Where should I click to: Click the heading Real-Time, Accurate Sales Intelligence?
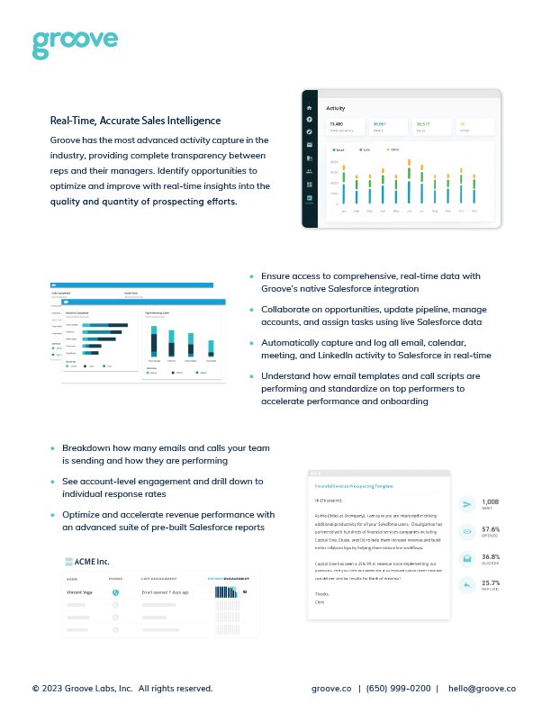[135, 120]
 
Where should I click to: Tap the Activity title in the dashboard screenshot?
[336, 108]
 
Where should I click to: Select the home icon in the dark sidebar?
[309, 107]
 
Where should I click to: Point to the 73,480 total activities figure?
[336, 123]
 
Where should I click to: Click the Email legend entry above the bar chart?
[339, 149]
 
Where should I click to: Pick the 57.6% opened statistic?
[492, 531]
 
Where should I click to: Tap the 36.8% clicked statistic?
[492, 559]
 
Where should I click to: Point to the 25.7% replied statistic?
[492, 586]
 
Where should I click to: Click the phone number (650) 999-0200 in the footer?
[397, 688]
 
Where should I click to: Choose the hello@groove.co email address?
[482, 688]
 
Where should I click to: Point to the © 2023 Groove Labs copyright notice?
[122, 688]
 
